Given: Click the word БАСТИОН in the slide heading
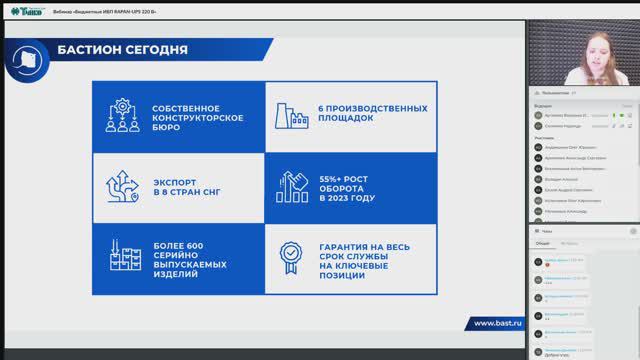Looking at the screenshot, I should coord(87,51).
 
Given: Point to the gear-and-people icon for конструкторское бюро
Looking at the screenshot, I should coord(122,117).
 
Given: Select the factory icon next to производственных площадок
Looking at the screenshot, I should coord(296,117).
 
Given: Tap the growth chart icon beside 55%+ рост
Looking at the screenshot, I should coord(296,183).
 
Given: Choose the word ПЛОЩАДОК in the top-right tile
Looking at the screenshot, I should coord(346,117).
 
